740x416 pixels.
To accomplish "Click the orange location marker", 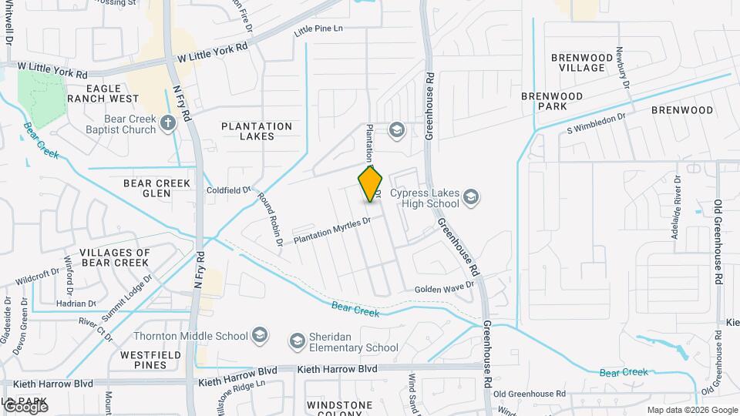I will (371, 184).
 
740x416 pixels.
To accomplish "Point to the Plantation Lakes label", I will (257, 131).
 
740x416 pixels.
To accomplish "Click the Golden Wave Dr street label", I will (443, 288).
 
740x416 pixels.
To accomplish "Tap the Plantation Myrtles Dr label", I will (331, 230).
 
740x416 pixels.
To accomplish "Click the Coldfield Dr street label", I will (229, 190).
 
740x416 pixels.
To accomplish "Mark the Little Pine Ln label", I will (318, 30).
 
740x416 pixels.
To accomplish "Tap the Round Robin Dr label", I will (271, 219).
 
